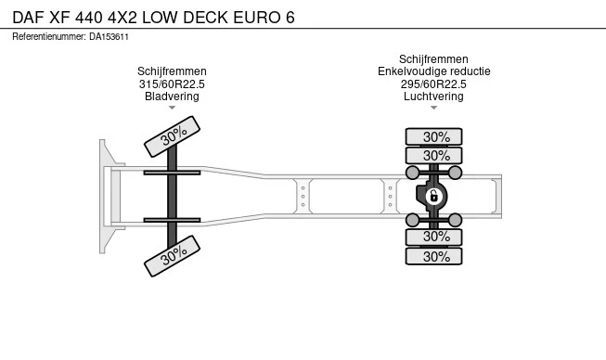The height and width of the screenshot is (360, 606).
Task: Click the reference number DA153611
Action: pyautogui.click(x=109, y=37)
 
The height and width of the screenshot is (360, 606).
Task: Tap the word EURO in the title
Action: pyautogui.click(x=257, y=18)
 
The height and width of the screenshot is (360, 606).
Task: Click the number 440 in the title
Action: pyautogui.click(x=89, y=18)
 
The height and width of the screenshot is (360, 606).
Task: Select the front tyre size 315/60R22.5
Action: pyautogui.click(x=172, y=84)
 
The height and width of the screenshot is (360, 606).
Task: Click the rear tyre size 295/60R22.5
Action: pyautogui.click(x=433, y=84)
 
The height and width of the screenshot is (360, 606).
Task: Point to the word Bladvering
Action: pyautogui.click(x=172, y=96)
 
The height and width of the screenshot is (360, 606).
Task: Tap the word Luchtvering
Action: pyautogui.click(x=433, y=96)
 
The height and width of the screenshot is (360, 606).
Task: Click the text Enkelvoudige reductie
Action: pyautogui.click(x=434, y=71)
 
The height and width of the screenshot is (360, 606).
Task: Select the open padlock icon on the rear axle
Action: pyautogui.click(x=433, y=196)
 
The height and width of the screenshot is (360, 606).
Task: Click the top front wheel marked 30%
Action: pyautogui.click(x=172, y=136)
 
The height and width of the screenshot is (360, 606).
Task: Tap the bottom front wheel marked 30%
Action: pyautogui.click(x=172, y=256)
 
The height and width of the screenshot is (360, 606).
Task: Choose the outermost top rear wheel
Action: pyautogui.click(x=433, y=136)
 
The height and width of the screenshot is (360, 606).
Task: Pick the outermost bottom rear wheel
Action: pyautogui.click(x=433, y=256)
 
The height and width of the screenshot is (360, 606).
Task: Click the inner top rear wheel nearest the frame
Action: pyautogui.click(x=433, y=156)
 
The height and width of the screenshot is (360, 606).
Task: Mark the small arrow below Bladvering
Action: pyautogui.click(x=172, y=108)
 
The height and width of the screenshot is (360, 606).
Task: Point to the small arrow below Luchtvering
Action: pyautogui.click(x=433, y=108)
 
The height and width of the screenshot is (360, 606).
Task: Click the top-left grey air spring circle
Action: pyautogui.click(x=412, y=173)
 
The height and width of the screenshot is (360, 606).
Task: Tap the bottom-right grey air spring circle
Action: pyautogui.click(x=455, y=220)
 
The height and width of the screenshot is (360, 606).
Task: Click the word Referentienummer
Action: pyautogui.click(x=48, y=37)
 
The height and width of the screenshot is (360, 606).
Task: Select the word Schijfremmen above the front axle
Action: pyautogui.click(x=172, y=71)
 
